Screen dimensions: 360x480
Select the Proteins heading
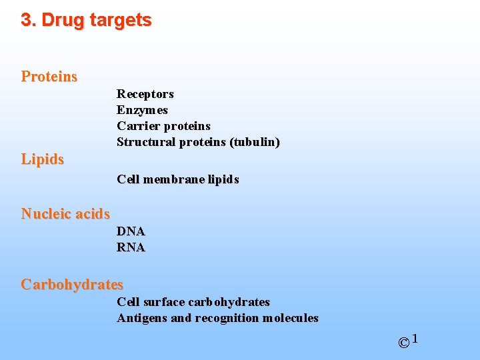(x=49, y=77)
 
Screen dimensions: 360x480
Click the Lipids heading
(x=43, y=159)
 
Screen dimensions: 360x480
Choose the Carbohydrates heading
(x=72, y=285)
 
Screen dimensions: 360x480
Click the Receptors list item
(x=145, y=94)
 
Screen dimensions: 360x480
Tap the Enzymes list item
(x=142, y=110)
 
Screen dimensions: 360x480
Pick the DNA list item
(x=131, y=231)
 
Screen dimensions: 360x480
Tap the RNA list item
(x=131, y=247)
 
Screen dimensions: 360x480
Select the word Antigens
(x=142, y=318)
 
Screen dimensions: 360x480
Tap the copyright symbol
(x=404, y=343)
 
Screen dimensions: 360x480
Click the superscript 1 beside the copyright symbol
(x=415, y=339)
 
